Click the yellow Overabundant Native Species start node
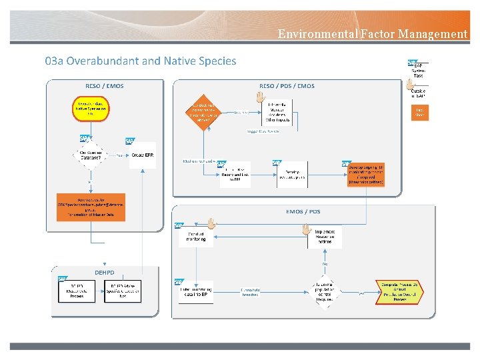tap(91, 109)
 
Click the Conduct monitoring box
tap(196, 235)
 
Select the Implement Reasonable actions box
tap(324, 236)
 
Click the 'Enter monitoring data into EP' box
tap(195, 291)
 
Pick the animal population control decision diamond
tap(324, 291)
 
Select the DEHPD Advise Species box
tap(123, 291)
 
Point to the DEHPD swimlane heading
tap(104, 273)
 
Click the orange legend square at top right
tap(419, 112)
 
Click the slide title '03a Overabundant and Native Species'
tap(141, 61)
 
